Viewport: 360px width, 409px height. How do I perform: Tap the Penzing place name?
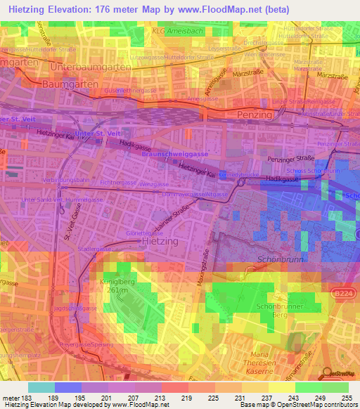pyautogui.click(x=254, y=114)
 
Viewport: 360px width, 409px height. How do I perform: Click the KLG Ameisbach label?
pyautogui.click(x=174, y=31)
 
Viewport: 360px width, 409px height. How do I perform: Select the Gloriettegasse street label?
pyautogui.click(x=145, y=233)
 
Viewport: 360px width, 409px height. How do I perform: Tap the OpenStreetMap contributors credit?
pyautogui.click(x=321, y=404)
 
